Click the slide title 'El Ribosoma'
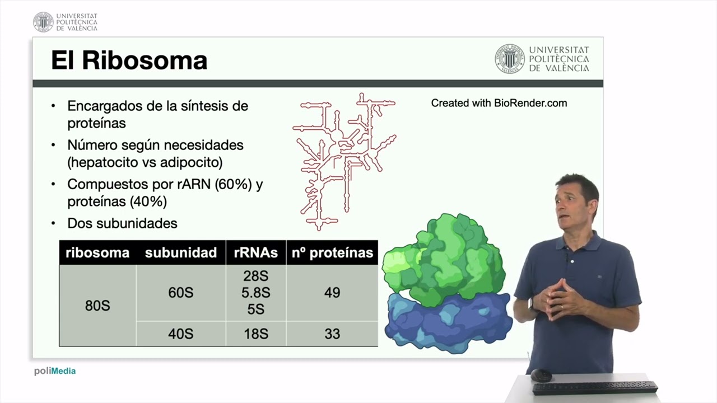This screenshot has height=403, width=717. click(x=129, y=60)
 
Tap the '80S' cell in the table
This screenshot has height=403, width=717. click(x=97, y=306)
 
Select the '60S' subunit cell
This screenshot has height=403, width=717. click(x=180, y=293)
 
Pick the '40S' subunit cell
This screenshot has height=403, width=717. click(x=180, y=334)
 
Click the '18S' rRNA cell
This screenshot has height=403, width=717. click(x=255, y=334)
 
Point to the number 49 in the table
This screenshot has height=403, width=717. click(x=332, y=293)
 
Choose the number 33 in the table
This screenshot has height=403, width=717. click(x=332, y=334)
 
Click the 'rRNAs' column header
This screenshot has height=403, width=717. click(x=255, y=253)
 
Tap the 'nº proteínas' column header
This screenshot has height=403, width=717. click(x=332, y=253)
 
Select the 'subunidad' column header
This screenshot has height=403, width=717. click(x=180, y=253)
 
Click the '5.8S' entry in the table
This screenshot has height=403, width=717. click(x=255, y=293)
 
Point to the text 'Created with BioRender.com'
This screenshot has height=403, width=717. click(x=499, y=103)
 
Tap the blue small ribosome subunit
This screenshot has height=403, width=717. click(x=448, y=325)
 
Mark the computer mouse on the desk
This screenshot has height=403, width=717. click(x=541, y=375)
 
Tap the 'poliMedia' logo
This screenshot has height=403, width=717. click(x=55, y=371)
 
